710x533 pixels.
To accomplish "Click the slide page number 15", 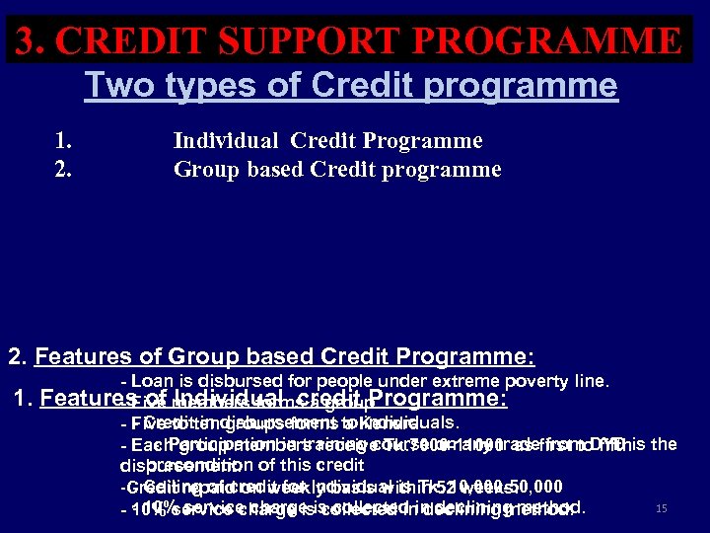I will point(662,509).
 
